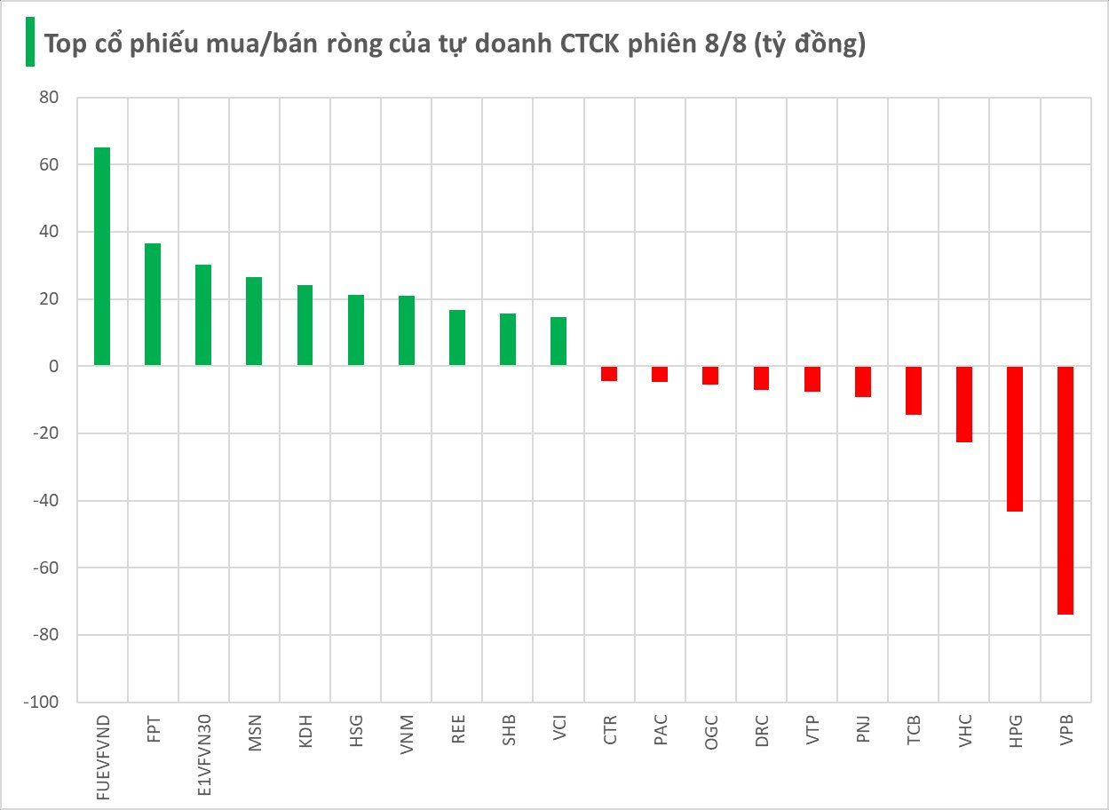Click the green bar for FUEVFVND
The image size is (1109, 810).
click(102, 256)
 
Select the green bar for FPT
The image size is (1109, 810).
click(153, 305)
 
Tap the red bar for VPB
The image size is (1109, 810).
click(1065, 490)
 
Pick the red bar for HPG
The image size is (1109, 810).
click(1015, 439)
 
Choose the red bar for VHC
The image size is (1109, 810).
click(964, 404)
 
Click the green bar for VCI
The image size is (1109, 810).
click(558, 341)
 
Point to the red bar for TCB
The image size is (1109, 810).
click(914, 391)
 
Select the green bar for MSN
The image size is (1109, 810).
click(254, 322)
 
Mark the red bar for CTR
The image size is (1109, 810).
click(609, 374)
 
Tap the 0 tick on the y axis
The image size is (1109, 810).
click(52, 367)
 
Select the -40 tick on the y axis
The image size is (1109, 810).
click(44, 501)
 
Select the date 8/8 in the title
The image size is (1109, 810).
click(725, 44)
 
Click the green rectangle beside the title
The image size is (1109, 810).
click(29, 42)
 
